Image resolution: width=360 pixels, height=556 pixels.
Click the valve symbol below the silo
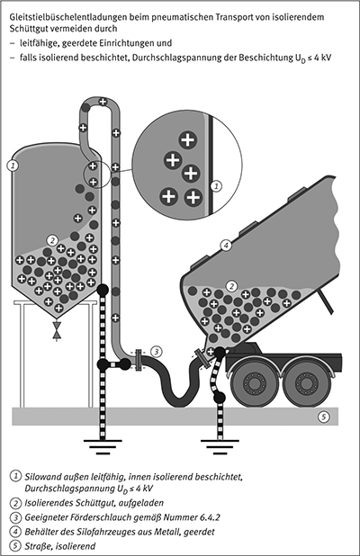(56, 329)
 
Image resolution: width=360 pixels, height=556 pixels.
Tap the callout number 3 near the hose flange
(157, 352)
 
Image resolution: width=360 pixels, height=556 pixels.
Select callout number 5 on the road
(323, 417)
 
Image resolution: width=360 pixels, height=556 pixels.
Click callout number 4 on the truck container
(226, 246)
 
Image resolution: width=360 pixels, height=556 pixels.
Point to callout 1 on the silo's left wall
(13, 166)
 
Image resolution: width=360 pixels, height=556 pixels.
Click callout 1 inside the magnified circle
(216, 185)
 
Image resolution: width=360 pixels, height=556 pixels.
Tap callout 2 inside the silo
(52, 240)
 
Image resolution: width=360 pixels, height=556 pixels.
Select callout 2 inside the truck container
(231, 286)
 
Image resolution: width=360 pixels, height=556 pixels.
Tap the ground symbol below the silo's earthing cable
(103, 447)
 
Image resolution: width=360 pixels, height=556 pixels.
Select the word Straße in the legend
(37, 546)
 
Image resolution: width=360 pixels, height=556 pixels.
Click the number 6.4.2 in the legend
(210, 517)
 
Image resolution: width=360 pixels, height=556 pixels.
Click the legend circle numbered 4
(15, 532)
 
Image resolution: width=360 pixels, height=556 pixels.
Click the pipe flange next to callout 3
(139, 360)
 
